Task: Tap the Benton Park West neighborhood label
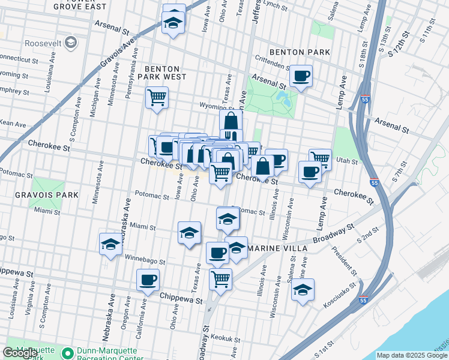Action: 162,72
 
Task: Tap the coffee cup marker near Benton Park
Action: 301,76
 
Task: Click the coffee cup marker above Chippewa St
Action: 148,279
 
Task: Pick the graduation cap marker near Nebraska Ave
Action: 110,244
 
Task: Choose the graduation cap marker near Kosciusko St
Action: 303,290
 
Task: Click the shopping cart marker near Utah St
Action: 321,159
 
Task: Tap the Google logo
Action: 20,353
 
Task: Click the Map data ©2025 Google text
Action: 412,355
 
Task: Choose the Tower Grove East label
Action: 80,6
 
